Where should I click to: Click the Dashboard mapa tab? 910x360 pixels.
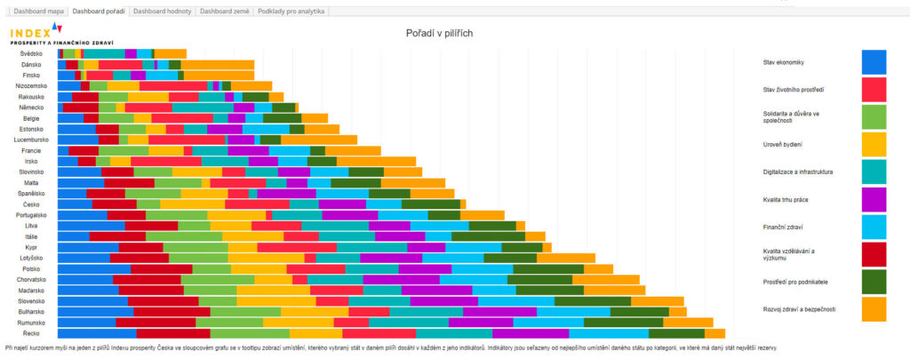(36, 12)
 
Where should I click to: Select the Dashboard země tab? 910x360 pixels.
(224, 12)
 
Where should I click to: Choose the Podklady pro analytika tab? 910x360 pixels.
(291, 12)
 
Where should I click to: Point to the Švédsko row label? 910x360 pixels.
(31, 53)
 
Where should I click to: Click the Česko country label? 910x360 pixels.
(32, 204)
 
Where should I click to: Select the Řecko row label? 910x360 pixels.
(32, 333)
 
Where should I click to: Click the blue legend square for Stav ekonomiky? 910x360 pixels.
(874, 62)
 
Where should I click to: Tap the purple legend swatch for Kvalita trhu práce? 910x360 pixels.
(874, 200)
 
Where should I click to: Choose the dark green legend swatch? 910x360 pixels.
(874, 282)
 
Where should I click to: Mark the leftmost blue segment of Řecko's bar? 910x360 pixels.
(97, 333)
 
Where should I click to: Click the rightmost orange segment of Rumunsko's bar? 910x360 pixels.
(713, 323)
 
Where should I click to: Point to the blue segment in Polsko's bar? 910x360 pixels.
(94, 268)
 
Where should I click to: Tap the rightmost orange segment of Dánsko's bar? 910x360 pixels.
(218, 64)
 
